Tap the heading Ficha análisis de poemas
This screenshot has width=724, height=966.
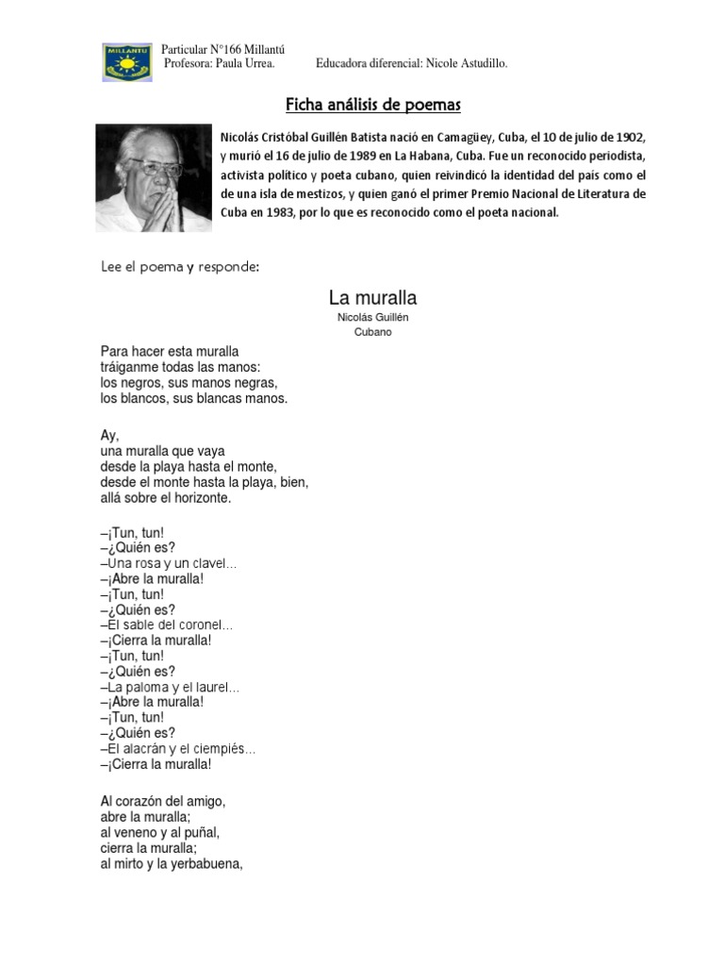(373, 103)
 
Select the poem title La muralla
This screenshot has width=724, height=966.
(372, 298)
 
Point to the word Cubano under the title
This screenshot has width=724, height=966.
(372, 332)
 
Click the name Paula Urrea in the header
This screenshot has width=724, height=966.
(246, 63)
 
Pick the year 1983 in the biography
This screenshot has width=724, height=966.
(277, 212)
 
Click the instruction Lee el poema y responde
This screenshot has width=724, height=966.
(179, 267)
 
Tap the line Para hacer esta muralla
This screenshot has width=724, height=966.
(170, 352)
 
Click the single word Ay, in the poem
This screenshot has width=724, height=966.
(109, 435)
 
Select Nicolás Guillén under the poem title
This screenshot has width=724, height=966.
(372, 317)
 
